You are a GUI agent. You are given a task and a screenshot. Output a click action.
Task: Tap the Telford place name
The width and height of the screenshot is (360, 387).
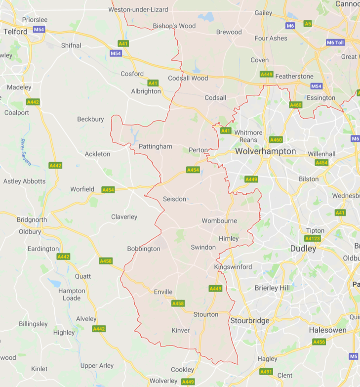pos(15,31)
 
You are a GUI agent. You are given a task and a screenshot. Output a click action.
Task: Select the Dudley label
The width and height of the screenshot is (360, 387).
pos(303,249)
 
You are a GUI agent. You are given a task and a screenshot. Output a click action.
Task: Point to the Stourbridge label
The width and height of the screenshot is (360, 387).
pos(250,321)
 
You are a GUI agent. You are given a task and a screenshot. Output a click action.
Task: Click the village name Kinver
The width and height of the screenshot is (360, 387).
pos(180,330)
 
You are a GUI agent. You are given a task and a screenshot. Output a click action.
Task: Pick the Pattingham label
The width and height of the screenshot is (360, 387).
pos(155,146)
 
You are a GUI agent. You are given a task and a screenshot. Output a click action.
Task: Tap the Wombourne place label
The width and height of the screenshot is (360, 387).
pos(219,221)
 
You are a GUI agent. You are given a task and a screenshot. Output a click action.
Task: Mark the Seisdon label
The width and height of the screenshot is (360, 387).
pos(175,199)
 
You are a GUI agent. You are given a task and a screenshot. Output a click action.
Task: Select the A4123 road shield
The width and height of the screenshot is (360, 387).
pos(313,238)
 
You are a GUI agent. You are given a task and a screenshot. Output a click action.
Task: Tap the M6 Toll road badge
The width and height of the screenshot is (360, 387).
pos(335,43)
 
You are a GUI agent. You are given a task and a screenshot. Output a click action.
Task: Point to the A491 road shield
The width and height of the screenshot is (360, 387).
pos(266,372)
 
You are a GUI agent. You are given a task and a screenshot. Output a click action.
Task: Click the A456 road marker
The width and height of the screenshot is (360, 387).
pos(319,342)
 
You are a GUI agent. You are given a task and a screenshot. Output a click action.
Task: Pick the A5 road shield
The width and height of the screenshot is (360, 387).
pos(308,23)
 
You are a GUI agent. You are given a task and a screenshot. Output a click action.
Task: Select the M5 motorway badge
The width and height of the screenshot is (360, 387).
pos(353,356)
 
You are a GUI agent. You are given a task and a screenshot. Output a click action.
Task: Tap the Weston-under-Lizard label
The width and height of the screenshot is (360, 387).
pos(138,9)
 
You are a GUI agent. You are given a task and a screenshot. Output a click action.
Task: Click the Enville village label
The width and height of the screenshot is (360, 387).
pos(163,292)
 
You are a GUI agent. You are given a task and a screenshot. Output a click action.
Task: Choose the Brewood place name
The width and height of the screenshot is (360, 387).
pos(229,32)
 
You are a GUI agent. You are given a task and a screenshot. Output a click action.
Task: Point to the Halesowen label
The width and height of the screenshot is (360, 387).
pos(328,330)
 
